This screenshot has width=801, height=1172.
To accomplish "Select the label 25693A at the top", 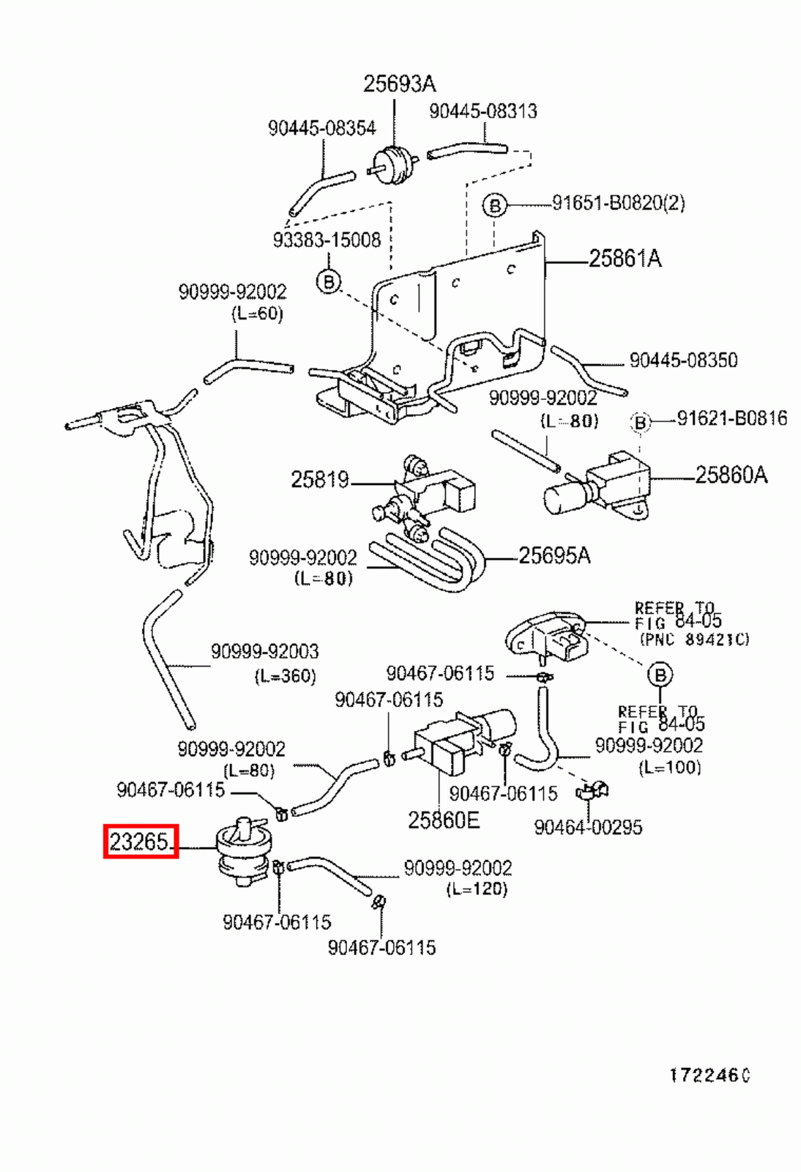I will (399, 84).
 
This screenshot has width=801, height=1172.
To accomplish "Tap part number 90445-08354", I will (321, 128).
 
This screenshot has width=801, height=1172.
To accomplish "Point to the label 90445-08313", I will (483, 111).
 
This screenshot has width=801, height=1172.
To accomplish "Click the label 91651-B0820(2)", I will (618, 203).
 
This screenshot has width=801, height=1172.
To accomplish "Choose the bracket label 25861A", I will (625, 259).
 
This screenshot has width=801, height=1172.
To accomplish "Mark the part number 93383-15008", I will (327, 240).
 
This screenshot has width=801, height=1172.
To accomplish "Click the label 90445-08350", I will (683, 360).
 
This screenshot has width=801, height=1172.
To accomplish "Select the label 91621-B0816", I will (731, 418).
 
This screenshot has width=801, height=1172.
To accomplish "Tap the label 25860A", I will (731, 475).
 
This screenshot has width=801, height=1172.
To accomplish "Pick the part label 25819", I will (319, 480).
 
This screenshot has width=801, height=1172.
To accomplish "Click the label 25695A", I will (554, 556).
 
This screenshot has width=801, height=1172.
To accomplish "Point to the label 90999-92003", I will (264, 651).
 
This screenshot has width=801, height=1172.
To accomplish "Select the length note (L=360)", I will (285, 675).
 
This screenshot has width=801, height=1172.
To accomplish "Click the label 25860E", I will (444, 820).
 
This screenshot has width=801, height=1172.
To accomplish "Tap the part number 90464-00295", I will (588, 828).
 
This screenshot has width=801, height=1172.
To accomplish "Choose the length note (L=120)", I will (477, 889).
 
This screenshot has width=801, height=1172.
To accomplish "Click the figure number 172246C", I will (709, 1075).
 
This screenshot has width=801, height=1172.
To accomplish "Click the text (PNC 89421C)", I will (694, 639).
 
